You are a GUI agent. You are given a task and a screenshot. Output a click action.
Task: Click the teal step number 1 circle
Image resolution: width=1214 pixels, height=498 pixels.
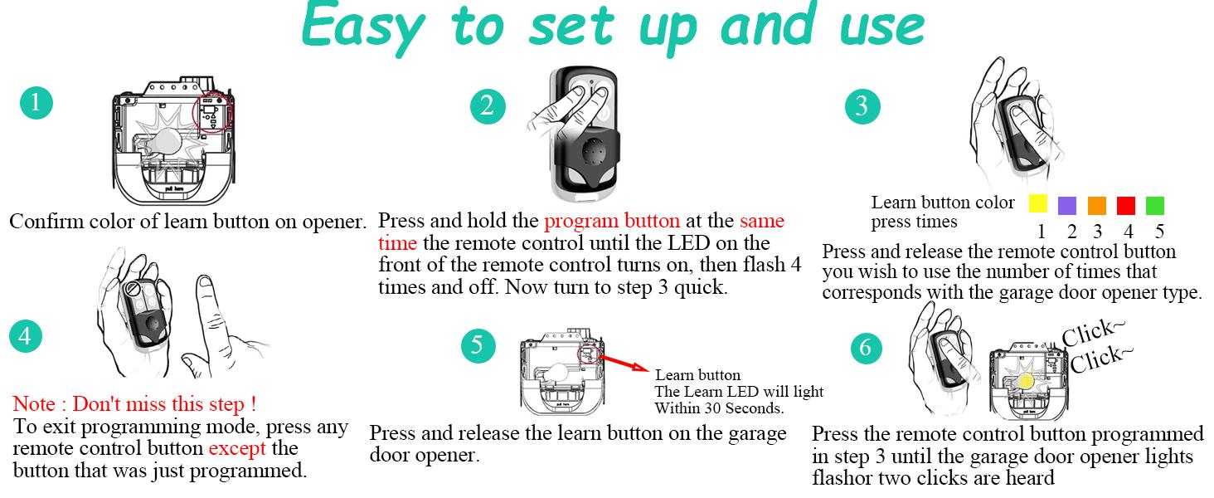(36, 104)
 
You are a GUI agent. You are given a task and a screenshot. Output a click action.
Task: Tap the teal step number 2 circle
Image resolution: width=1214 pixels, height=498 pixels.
(487, 106)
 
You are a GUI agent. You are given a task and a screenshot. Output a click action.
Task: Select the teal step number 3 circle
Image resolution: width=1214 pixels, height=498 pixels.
(862, 106)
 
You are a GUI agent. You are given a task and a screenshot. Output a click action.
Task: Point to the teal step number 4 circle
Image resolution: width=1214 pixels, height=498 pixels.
(26, 336)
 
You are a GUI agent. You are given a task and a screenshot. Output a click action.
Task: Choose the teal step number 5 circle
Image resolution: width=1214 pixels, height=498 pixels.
(478, 345)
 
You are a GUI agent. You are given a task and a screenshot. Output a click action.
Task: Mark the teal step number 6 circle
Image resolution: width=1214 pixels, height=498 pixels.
(866, 348)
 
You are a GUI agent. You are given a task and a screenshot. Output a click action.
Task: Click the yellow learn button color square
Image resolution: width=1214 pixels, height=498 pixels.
(1037, 205)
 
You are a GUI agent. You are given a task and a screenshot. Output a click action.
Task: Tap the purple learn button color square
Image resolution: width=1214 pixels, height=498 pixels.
(1068, 205)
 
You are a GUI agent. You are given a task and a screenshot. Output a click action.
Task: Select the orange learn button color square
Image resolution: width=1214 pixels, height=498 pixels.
(1097, 205)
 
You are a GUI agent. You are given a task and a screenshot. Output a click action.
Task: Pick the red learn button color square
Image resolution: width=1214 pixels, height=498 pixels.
(1126, 205)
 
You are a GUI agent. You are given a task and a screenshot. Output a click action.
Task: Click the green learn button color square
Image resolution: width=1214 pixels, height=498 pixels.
(1155, 205)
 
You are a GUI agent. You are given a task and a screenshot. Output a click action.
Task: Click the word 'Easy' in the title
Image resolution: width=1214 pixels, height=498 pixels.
(366, 27)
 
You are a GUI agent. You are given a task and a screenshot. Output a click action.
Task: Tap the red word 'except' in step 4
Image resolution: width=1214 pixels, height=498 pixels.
(238, 449)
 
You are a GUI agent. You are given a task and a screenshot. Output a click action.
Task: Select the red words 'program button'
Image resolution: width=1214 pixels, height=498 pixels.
(612, 222)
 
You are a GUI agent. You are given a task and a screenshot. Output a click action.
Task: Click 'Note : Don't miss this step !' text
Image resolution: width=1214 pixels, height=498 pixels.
(134, 405)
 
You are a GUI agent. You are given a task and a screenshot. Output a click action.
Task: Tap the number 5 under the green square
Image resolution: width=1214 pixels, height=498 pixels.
(1158, 231)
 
